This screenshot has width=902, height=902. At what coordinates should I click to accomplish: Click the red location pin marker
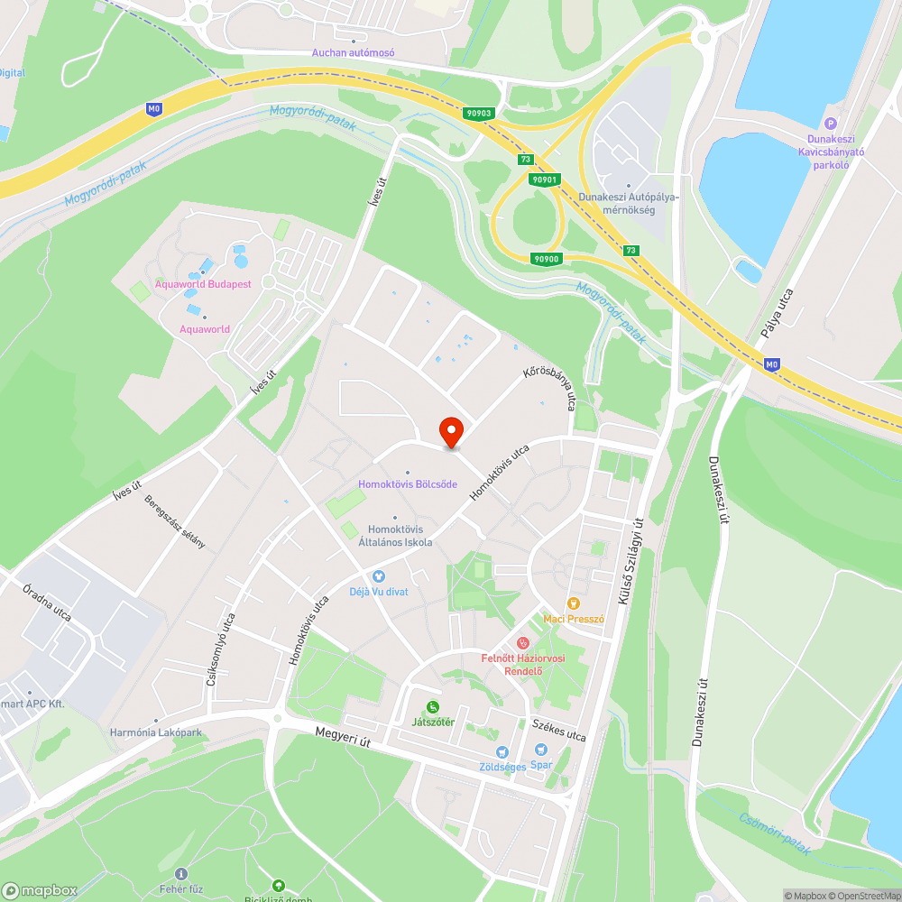(x=450, y=430)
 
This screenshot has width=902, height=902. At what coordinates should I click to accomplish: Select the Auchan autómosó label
(x=354, y=53)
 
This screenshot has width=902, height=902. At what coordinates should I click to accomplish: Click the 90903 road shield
(x=480, y=114)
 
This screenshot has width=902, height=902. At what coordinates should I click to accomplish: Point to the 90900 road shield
(x=547, y=259)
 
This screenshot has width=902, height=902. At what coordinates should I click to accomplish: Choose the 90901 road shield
(x=545, y=179)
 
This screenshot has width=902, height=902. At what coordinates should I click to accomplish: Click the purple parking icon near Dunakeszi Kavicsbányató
(x=831, y=124)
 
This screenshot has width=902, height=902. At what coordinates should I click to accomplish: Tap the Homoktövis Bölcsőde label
(x=408, y=484)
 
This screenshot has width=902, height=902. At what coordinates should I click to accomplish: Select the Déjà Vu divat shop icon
(x=378, y=576)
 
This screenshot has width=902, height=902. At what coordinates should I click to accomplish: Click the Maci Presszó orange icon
(x=573, y=603)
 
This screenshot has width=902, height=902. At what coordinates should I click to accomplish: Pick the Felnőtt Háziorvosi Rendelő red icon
(x=522, y=643)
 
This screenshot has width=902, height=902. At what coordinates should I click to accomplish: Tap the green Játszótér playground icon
(x=433, y=707)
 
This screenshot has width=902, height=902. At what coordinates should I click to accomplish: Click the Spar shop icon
(x=540, y=750)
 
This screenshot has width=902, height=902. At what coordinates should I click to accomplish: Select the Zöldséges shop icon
(x=502, y=752)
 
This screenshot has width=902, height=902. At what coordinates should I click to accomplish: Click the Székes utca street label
(x=559, y=730)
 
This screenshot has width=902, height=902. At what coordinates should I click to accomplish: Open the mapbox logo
(x=41, y=890)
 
